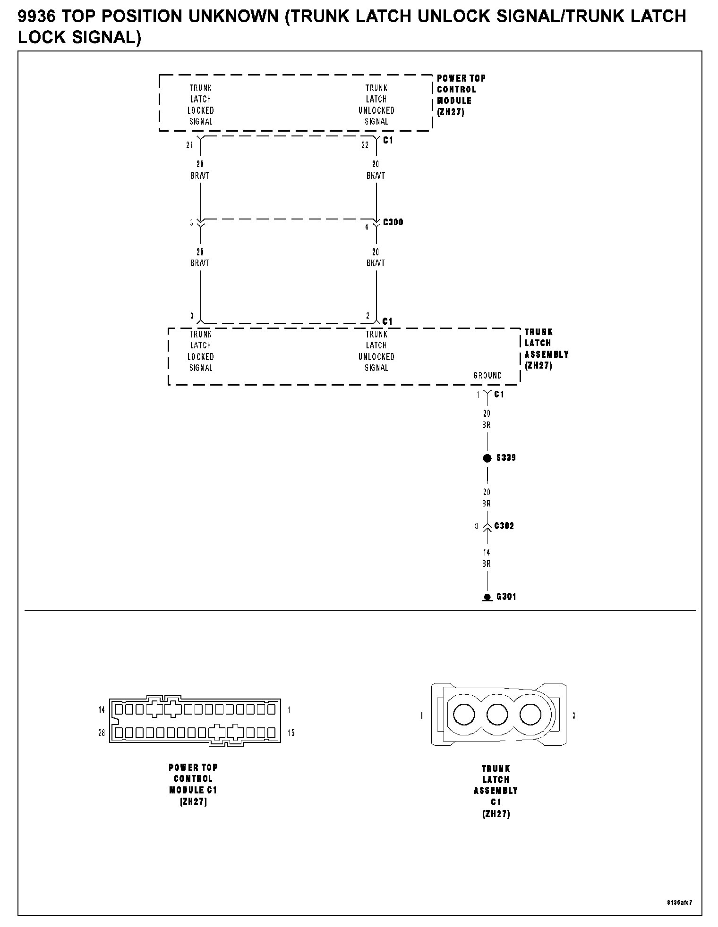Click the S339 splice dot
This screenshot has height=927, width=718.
point(487,458)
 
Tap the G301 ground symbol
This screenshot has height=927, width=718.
point(487,598)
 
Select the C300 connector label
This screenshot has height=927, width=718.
point(393,222)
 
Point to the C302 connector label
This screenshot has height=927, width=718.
point(504,526)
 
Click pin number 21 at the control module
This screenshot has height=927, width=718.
point(189,145)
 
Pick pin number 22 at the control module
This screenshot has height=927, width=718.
point(365,145)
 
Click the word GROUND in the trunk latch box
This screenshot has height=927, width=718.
point(487,375)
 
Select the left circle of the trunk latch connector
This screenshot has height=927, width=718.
point(464,715)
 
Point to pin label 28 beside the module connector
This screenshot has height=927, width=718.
point(102,733)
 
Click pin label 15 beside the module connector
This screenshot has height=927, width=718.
point(291,733)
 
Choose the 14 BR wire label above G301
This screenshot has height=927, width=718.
point(487,558)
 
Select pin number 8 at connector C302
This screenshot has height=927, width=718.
point(477,526)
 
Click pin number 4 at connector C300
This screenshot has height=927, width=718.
point(367,227)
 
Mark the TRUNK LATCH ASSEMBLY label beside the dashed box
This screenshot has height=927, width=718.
point(546,348)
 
